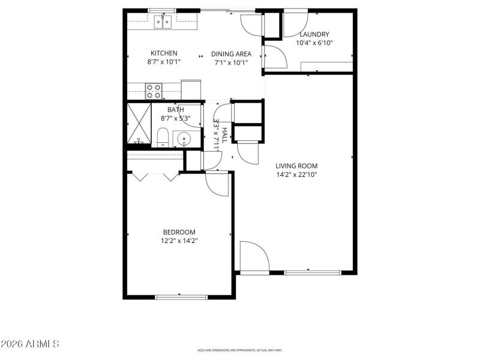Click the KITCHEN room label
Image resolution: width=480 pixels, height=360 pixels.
(164, 53)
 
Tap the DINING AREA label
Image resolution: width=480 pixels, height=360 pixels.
(231, 53)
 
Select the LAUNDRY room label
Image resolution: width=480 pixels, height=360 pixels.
(314, 34)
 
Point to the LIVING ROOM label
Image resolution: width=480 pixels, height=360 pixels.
(296, 166)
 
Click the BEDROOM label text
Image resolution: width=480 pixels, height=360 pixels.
(179, 232)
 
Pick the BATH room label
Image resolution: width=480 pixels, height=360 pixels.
(176, 110)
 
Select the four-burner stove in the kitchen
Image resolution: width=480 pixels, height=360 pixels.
(154, 91)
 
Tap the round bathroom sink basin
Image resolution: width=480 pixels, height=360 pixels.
(184, 140)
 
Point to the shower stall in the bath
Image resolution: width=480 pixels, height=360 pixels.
(139, 124)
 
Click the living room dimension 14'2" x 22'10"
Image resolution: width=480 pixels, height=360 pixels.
(296, 175)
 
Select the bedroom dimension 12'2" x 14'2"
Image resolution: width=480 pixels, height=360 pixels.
(179, 241)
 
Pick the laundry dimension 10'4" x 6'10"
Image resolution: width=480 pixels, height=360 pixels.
(314, 43)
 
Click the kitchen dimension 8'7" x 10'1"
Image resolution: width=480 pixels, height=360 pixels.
(164, 62)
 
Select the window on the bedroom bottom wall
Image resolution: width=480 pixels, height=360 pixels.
(181, 296)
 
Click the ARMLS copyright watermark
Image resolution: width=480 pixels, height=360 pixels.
(30, 344)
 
